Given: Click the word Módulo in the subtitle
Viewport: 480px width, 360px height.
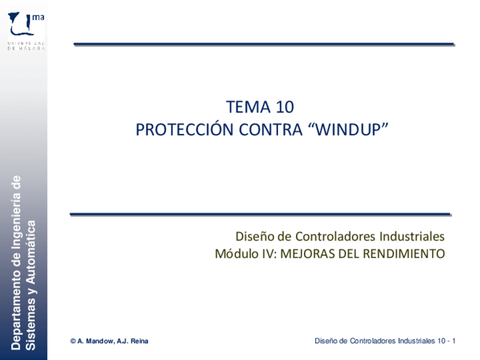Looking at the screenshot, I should tap(234, 254).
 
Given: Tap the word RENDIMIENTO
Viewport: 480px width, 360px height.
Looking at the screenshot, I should tap(404, 254).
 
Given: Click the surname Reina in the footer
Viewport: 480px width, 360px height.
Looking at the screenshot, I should tap(139, 341).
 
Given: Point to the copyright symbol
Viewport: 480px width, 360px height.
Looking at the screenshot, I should tap(73, 341).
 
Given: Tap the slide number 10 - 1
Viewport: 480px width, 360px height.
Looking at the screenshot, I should tap(447, 341).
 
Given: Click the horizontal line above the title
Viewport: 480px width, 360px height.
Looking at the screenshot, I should tap(264, 44).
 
